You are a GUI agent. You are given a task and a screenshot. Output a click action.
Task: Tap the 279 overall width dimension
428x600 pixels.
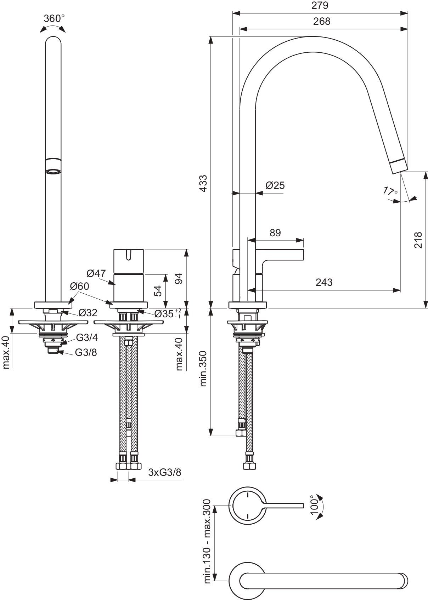(x=320, y=6)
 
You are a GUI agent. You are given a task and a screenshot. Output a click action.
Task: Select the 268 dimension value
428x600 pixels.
(x=322, y=21)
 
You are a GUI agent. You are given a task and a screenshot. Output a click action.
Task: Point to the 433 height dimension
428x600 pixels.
(x=203, y=183)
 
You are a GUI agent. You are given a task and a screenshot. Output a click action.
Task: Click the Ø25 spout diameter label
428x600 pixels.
(x=275, y=185)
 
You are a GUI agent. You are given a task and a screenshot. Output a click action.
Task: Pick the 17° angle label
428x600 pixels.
(x=390, y=191)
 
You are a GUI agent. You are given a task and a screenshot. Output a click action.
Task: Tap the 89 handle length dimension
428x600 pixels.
(x=275, y=232)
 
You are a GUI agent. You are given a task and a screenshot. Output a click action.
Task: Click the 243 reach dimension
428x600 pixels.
(x=324, y=282)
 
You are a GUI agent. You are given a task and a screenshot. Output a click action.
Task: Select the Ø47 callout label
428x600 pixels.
(x=96, y=273)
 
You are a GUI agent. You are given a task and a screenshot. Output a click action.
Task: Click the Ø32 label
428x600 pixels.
(x=88, y=313)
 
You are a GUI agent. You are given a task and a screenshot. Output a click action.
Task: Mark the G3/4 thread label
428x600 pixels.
(x=87, y=337)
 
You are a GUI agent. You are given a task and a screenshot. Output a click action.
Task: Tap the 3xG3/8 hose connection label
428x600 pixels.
(x=165, y=472)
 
